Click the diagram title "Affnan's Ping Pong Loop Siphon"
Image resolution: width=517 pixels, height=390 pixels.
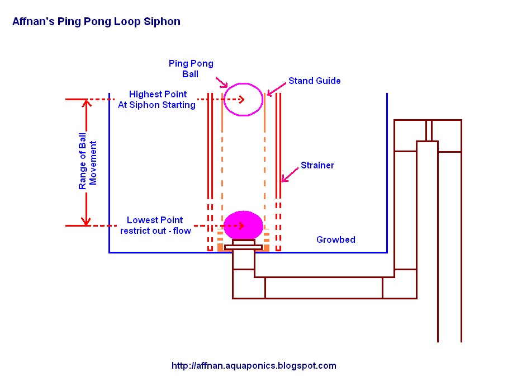pyautogui.click(x=96, y=22)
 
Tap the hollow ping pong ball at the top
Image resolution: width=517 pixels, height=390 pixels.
pyautogui.click(x=243, y=99)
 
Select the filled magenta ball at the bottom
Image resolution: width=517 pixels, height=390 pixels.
pyautogui.click(x=243, y=225)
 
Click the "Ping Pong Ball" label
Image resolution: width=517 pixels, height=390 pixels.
pyautogui.click(x=191, y=69)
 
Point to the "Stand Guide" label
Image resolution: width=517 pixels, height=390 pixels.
pyautogui.click(x=314, y=81)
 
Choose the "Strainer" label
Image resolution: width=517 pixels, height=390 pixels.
pyautogui.click(x=317, y=165)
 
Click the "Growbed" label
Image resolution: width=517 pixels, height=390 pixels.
pyautogui.click(x=335, y=239)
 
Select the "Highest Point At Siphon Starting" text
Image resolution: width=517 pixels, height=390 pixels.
pyautogui.click(x=157, y=99)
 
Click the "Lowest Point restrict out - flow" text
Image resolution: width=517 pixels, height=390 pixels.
pyautogui.click(x=155, y=225)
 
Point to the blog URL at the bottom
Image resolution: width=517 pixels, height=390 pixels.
pyautogui.click(x=254, y=366)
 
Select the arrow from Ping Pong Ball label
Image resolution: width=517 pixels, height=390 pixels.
pyautogui.click(x=222, y=83)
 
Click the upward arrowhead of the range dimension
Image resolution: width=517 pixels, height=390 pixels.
pyautogui.click(x=86, y=104)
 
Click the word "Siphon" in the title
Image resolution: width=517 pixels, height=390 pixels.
pyautogui.click(x=164, y=22)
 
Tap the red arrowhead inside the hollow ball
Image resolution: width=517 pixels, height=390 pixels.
pyautogui.click(x=242, y=99)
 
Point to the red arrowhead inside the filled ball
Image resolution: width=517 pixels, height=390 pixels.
pyautogui.click(x=242, y=225)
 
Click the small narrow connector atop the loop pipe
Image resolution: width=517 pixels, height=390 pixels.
pyautogui.click(x=429, y=130)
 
